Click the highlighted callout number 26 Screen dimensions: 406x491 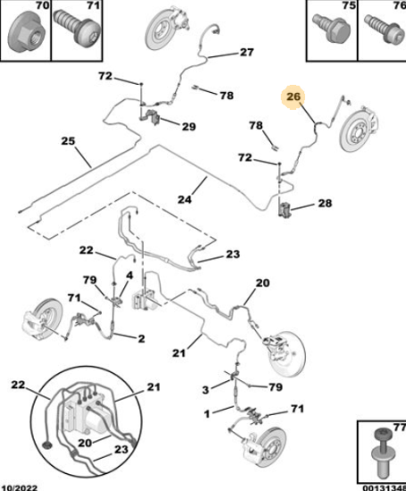click(294, 96)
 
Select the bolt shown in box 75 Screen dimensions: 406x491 click(332, 28)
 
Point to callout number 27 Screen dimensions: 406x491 click(247, 52)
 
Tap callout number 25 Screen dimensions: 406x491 click(68, 141)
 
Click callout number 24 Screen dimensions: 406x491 click(185, 199)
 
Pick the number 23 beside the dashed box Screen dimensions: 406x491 click(233, 254)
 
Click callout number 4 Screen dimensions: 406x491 click(129, 276)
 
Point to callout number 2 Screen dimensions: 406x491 click(142, 338)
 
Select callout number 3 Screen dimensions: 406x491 click(205, 390)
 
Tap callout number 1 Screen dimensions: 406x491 click(207, 414)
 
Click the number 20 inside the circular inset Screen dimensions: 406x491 click(85, 443)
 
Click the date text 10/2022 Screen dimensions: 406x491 click(20, 487)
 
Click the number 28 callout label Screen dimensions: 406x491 click(325, 204)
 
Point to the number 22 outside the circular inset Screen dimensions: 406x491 click(87, 250)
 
